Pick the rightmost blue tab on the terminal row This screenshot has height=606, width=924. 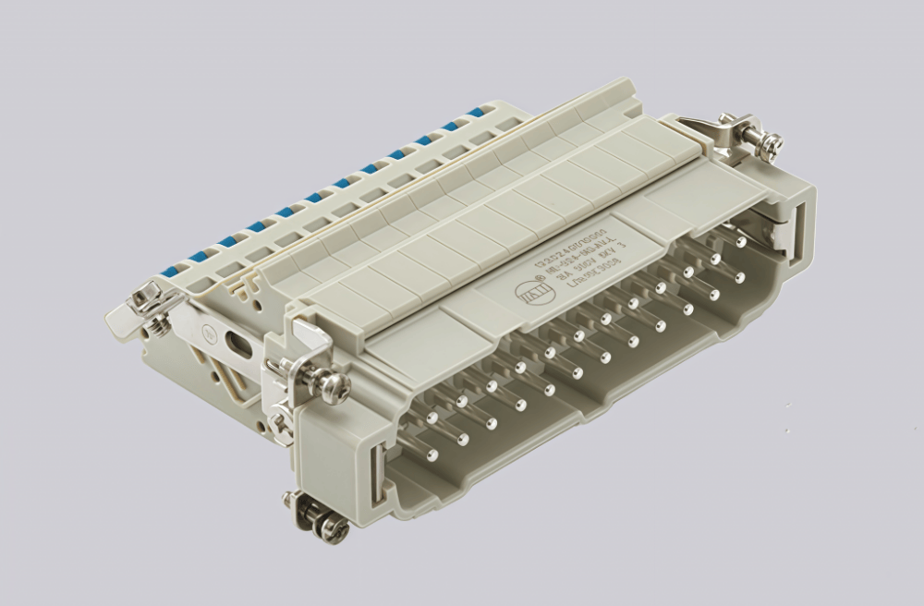click(477, 113)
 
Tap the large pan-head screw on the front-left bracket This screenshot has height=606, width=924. click(333, 385)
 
